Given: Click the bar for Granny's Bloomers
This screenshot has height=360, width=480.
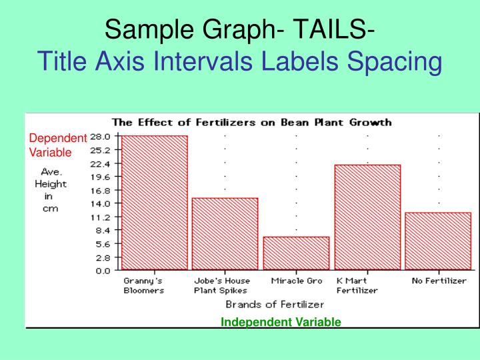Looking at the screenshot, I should tap(154, 203).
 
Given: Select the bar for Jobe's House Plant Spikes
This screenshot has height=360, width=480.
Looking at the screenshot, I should tap(225, 234).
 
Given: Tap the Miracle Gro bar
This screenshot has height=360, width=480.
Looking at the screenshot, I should tap(296, 253).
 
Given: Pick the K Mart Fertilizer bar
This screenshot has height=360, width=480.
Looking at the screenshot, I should tap(367, 217).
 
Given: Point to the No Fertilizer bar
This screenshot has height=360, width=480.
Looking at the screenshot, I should tap(438, 241).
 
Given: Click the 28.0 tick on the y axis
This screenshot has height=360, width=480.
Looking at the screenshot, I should tap(101, 136).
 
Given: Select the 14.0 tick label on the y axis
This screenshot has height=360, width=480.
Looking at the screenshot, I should tap(101, 203).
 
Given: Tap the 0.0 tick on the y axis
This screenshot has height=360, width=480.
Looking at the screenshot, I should tap(103, 271).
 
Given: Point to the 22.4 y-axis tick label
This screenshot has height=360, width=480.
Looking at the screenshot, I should tap(101, 163).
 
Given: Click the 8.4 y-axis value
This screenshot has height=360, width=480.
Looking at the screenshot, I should tap(103, 231).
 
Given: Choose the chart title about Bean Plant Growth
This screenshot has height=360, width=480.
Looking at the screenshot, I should tap(251, 122).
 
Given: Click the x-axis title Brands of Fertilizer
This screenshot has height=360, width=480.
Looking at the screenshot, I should tap(275, 305).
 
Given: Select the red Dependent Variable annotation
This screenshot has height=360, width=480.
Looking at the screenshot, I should tap(57, 145).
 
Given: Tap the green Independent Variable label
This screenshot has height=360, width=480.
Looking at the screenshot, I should tap(281, 322).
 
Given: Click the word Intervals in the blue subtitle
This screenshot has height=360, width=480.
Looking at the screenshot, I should tap(207, 62).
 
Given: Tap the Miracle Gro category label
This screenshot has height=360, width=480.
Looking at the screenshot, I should tap(296, 281).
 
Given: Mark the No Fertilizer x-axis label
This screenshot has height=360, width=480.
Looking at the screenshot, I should tap(439, 281).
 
